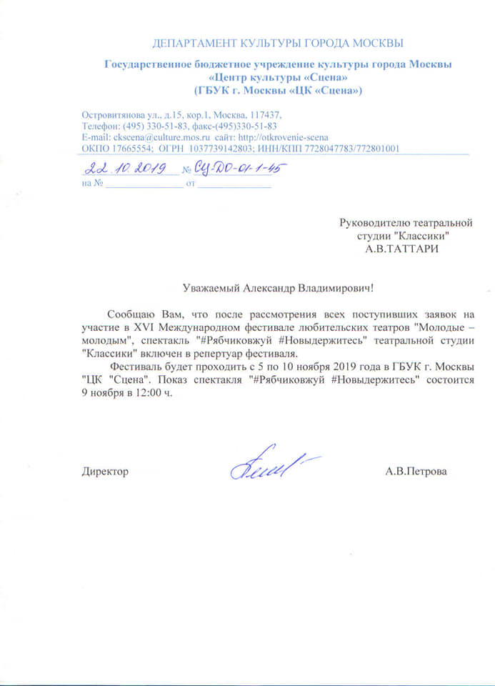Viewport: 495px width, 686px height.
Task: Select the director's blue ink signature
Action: [271, 465]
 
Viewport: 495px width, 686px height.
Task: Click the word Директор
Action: [106, 472]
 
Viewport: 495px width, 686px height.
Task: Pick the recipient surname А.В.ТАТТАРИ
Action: [402, 248]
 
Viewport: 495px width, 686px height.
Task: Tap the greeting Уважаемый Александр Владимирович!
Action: [278, 288]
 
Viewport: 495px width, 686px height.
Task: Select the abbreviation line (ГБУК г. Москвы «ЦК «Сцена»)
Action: [278, 91]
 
